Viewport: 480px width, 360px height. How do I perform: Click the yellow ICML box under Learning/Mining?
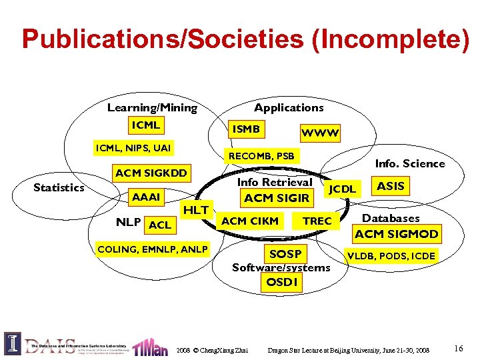[146, 125]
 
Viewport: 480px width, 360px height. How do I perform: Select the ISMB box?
[245, 128]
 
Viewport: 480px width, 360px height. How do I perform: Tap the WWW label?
[321, 133]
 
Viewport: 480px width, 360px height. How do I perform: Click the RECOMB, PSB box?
[261, 157]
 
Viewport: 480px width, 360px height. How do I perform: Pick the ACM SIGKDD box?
[151, 173]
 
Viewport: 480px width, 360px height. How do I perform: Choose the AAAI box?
[146, 197]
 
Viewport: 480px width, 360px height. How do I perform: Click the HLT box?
[196, 210]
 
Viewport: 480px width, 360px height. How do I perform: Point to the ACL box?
[160, 225]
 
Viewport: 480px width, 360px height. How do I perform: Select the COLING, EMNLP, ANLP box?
[153, 250]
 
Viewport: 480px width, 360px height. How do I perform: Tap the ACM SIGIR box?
[277, 198]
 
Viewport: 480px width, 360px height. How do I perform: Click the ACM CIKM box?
[250, 221]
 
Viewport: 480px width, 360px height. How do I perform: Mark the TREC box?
[317, 221]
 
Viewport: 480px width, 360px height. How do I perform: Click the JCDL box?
[343, 189]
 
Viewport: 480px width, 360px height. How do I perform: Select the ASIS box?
[391, 186]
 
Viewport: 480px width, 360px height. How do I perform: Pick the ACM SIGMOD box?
[397, 234]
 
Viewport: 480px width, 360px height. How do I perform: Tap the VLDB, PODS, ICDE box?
[391, 255]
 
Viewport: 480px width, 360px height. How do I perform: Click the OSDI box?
[281, 282]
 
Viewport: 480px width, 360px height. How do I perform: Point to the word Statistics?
[59, 187]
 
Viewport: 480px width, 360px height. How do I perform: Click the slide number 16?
[459, 349]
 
